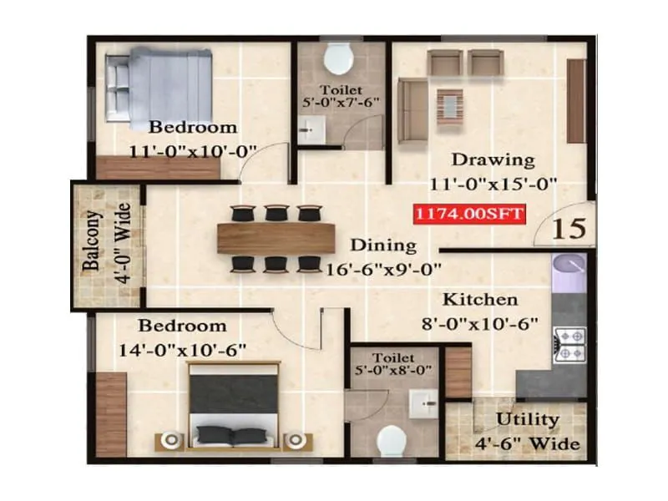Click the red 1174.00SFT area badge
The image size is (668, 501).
(469, 213)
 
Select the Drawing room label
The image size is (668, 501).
(493, 159)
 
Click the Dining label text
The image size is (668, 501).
(382, 245)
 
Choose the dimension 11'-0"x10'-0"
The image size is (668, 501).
(192, 150)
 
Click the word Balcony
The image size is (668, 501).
(90, 243)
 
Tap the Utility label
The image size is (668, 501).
(528, 419)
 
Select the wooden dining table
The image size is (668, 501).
(276, 238)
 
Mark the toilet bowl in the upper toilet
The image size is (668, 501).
(337, 58)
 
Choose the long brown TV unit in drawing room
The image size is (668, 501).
(576, 100)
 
